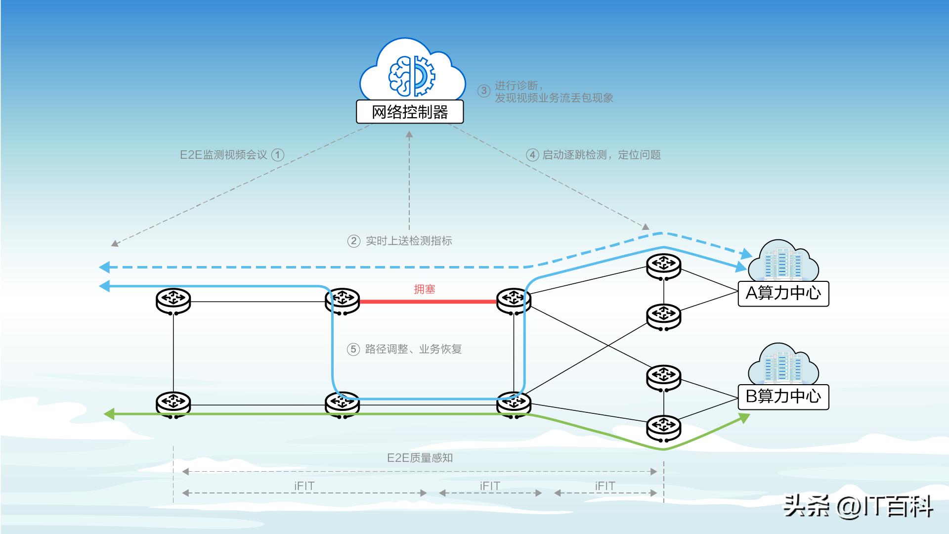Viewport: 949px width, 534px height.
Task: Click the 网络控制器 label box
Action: (x=410, y=112)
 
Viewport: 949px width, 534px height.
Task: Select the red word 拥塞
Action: (x=425, y=289)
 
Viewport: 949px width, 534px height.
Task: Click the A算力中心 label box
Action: (x=783, y=294)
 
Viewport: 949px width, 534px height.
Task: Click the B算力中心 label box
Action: (x=783, y=397)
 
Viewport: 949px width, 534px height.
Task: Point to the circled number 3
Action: (x=483, y=91)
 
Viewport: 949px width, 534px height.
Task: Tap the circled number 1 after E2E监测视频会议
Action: (x=278, y=155)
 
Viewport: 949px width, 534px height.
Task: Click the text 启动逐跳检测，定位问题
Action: (x=602, y=155)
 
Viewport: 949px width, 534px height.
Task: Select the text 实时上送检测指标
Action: (x=409, y=241)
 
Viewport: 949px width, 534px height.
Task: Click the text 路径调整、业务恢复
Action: (x=413, y=349)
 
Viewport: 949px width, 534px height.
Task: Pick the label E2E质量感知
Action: (x=420, y=458)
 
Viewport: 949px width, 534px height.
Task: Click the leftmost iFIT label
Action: (x=304, y=486)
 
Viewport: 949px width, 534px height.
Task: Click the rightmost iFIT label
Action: (x=605, y=486)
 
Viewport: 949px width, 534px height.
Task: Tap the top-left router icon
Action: (x=173, y=300)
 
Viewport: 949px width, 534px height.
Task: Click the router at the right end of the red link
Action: (x=514, y=300)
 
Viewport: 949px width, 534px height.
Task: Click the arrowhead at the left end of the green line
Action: (x=109, y=413)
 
